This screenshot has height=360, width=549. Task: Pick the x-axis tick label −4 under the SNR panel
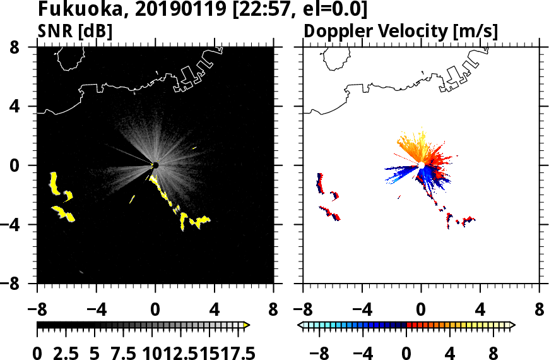[x=91, y=311]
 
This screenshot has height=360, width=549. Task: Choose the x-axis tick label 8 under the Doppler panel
[x=540, y=311]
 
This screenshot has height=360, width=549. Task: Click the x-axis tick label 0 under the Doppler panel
[x=422, y=311]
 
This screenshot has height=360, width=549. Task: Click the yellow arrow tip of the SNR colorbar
[x=247, y=325]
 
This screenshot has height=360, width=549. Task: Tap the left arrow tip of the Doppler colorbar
[x=300, y=325]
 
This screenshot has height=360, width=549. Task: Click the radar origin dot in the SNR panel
[x=155, y=165]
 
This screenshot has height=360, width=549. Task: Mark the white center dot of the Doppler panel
[x=422, y=165]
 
